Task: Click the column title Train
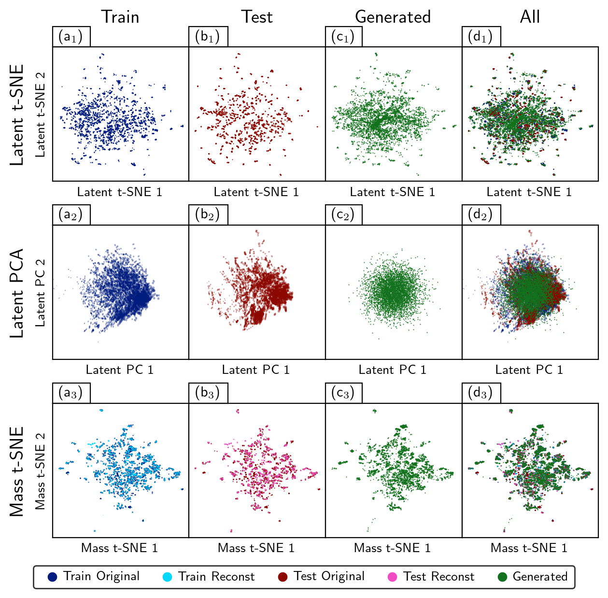120,17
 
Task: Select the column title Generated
393,17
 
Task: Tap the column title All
530,17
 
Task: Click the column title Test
257,17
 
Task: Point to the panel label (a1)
71,37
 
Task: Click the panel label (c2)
343,215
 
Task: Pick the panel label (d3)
481,393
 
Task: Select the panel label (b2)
207,215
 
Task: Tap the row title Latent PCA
17,293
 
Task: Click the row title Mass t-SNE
17,471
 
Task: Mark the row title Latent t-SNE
17,115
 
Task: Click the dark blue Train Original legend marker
52,577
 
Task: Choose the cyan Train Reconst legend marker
167,577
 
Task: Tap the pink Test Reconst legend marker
392,577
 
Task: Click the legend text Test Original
329,576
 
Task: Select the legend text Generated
540,576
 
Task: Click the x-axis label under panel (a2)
120,370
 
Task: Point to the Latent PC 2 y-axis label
41,293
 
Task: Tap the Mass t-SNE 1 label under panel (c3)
392,548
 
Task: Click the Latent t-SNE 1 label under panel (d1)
529,192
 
